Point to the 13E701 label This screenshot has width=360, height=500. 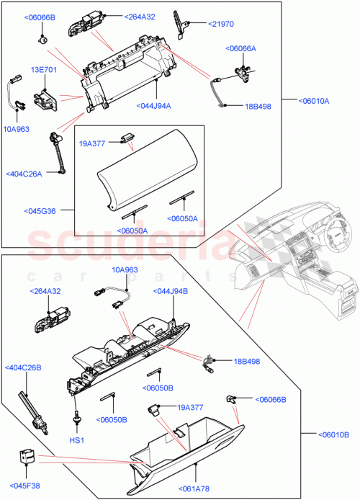pos(42,70)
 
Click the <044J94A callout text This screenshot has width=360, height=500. pos(153,106)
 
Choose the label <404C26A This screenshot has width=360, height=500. pos(24,173)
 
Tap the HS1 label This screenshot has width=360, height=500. pos(76,439)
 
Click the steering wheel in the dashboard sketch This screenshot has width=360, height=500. pos(335,233)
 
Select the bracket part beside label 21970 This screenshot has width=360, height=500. pos(181,24)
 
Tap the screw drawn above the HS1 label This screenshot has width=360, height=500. pos(76,420)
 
